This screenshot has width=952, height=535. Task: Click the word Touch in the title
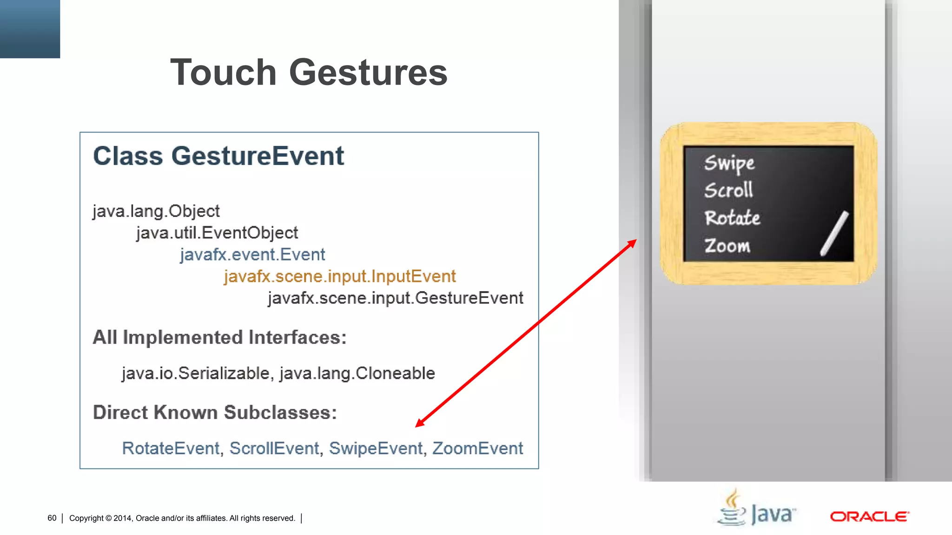click(x=224, y=72)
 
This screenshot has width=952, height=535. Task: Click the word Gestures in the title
click(x=368, y=72)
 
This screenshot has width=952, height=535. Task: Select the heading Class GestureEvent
click(x=218, y=156)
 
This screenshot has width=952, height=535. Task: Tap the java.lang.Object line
click(x=156, y=211)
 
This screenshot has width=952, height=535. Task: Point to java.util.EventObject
click(x=217, y=233)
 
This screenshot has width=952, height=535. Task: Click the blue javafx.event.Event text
click(x=252, y=254)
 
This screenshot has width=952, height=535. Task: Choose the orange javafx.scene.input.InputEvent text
click(x=339, y=276)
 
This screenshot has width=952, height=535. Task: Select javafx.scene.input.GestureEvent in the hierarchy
click(x=396, y=298)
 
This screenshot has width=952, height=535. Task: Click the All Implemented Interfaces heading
click(x=219, y=338)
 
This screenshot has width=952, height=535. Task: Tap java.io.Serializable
click(x=196, y=373)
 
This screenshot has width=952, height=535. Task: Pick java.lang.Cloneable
click(x=357, y=373)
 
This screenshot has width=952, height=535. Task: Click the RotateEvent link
click(x=170, y=449)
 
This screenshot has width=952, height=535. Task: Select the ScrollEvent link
click(x=274, y=449)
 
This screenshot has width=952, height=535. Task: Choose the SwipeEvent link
click(x=376, y=449)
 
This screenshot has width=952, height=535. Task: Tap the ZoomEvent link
click(x=477, y=449)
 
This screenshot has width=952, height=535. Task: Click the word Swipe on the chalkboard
click(x=729, y=163)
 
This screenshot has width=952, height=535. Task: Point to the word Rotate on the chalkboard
click(x=732, y=218)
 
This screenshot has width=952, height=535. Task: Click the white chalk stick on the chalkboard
click(x=834, y=234)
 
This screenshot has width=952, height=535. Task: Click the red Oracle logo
click(x=869, y=516)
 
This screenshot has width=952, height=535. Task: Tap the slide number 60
click(x=52, y=518)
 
